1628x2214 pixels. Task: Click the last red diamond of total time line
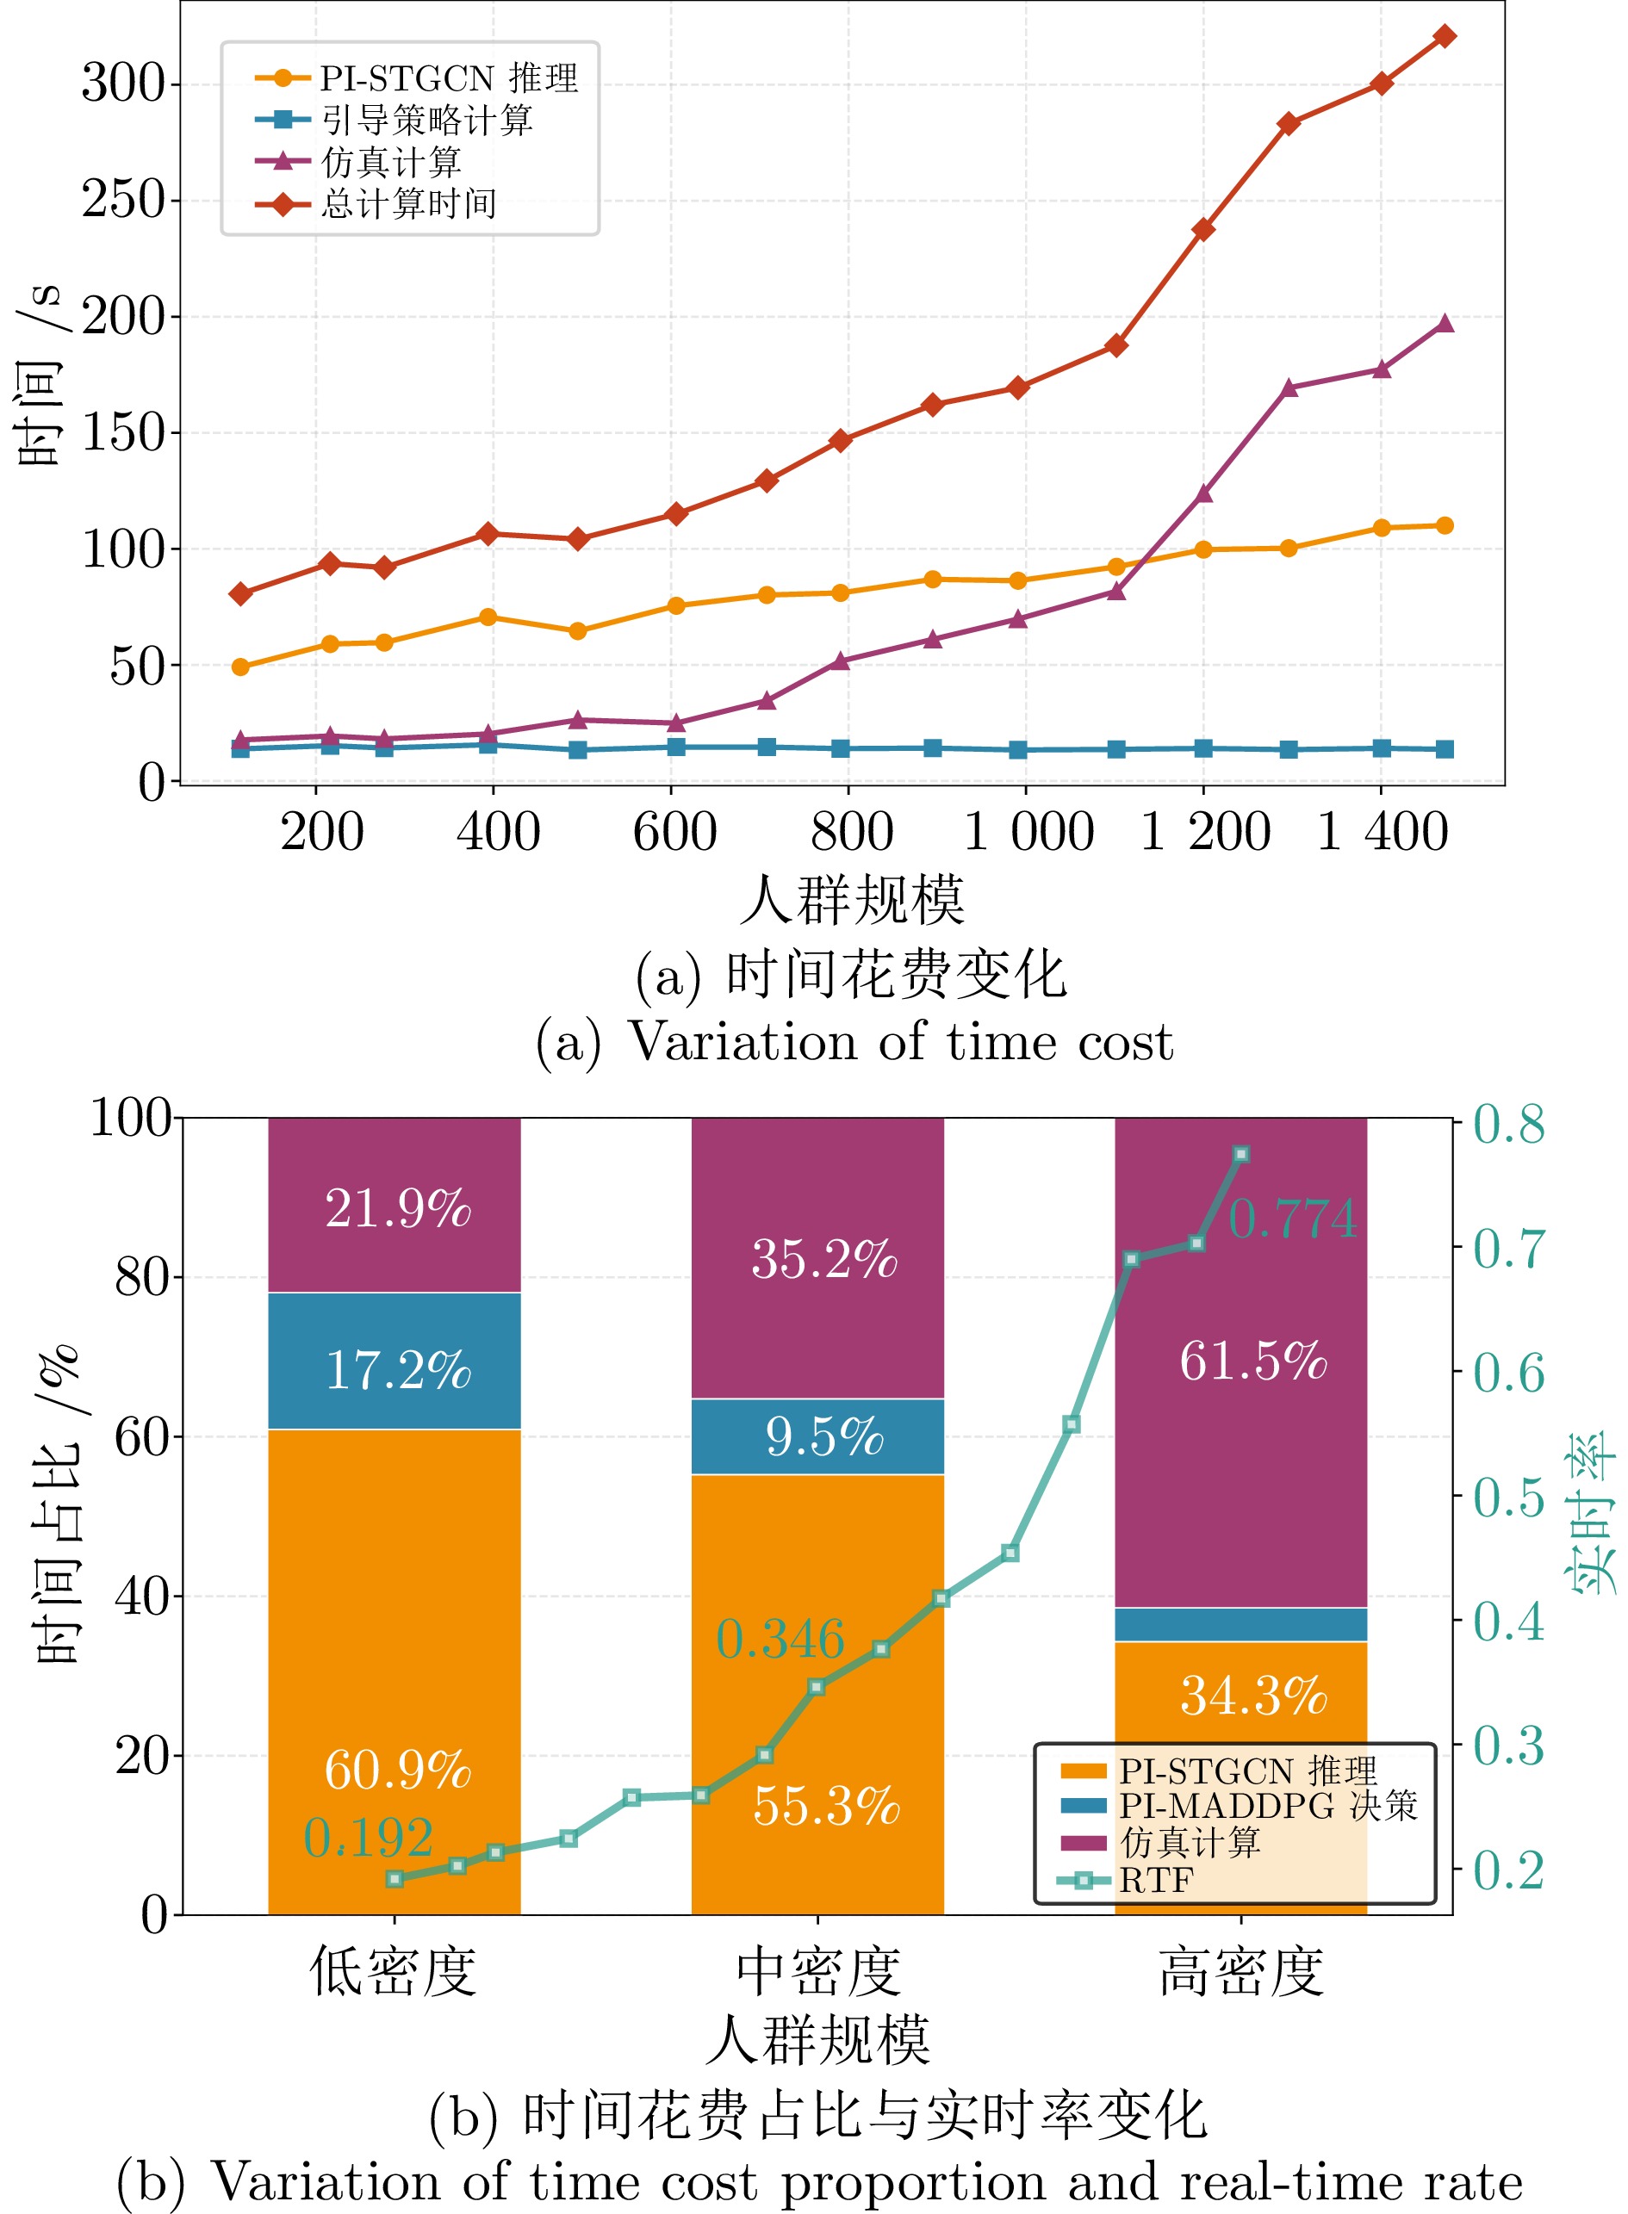pos(1445,36)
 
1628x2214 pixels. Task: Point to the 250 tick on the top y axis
pos(124,200)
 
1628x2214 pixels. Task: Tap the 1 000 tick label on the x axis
pos(1028,832)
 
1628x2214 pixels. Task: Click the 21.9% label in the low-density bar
pos(397,1208)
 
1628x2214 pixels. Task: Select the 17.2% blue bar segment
pos(395,1361)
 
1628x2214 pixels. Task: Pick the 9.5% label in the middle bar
pos(823,1436)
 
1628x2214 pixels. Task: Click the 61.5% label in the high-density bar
pos(1252,1361)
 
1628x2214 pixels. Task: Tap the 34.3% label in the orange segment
pos(1252,1696)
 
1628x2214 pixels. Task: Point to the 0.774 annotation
pos(1292,1219)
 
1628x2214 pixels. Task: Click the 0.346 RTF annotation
pos(780,1640)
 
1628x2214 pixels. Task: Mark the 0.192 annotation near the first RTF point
pos(368,1838)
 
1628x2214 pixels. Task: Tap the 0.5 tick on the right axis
pos(1507,1498)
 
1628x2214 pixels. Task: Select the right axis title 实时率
pos(1591,1513)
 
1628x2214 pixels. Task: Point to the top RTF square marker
pos(1242,1154)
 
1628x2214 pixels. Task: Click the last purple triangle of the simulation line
pos(1445,323)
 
